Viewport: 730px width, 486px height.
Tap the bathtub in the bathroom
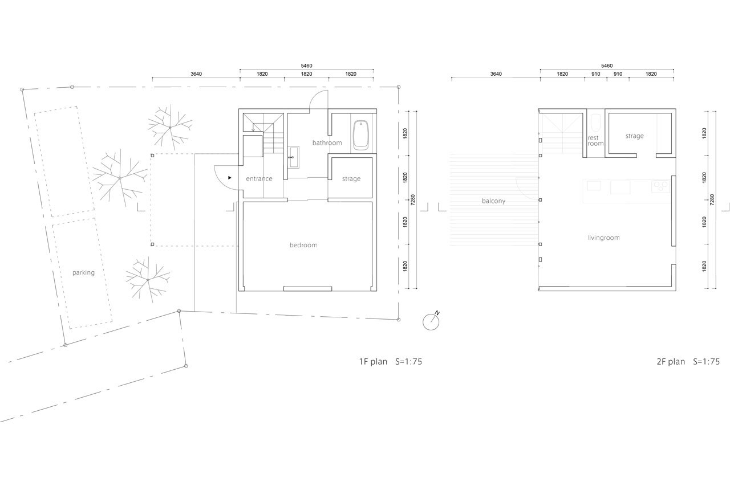(360, 135)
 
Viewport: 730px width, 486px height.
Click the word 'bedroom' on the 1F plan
(303, 245)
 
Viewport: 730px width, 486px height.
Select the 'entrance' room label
(259, 179)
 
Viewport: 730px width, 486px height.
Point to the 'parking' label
(83, 272)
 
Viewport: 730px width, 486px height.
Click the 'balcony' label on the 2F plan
(493, 201)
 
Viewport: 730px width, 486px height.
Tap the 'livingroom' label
(603, 238)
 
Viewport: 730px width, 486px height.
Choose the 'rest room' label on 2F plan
(595, 141)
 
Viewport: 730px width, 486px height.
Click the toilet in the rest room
(596, 122)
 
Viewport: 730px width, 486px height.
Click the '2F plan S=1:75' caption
(687, 362)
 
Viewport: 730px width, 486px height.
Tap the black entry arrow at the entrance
(229, 178)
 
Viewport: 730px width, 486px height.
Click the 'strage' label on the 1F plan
(351, 179)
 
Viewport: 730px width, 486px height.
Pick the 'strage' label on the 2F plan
(634, 136)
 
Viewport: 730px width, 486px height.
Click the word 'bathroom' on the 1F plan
(327, 142)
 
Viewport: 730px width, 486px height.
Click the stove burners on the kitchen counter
(660, 185)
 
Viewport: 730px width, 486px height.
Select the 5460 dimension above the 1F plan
(306, 66)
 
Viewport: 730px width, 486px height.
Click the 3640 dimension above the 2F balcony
(496, 74)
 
